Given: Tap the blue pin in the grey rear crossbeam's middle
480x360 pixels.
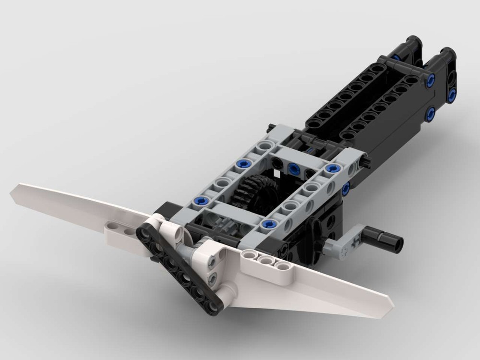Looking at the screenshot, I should coord(294,167).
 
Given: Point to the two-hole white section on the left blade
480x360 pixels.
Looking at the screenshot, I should coord(120,228).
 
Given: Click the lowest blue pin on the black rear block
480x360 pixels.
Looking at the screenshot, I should coord(430,114).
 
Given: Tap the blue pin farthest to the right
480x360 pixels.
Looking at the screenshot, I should coord(452,96).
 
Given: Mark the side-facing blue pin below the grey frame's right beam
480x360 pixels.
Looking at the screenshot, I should coord(346,189).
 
